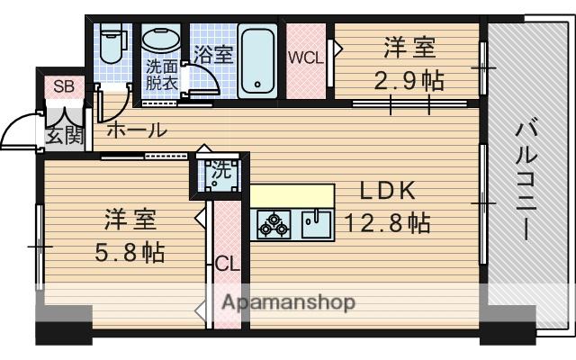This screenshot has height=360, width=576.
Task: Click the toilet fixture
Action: point(112,43)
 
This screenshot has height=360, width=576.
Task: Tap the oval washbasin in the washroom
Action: point(163,40)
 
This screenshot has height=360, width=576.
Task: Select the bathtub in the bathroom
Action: point(259,60)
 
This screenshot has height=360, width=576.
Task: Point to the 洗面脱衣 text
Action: point(163,73)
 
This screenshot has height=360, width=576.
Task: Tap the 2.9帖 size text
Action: point(409,80)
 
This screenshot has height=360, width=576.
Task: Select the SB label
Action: point(63,87)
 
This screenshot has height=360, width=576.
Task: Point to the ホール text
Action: point(137,130)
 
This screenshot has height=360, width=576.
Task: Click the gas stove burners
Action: point(274,224)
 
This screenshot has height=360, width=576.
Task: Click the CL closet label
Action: point(226,265)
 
